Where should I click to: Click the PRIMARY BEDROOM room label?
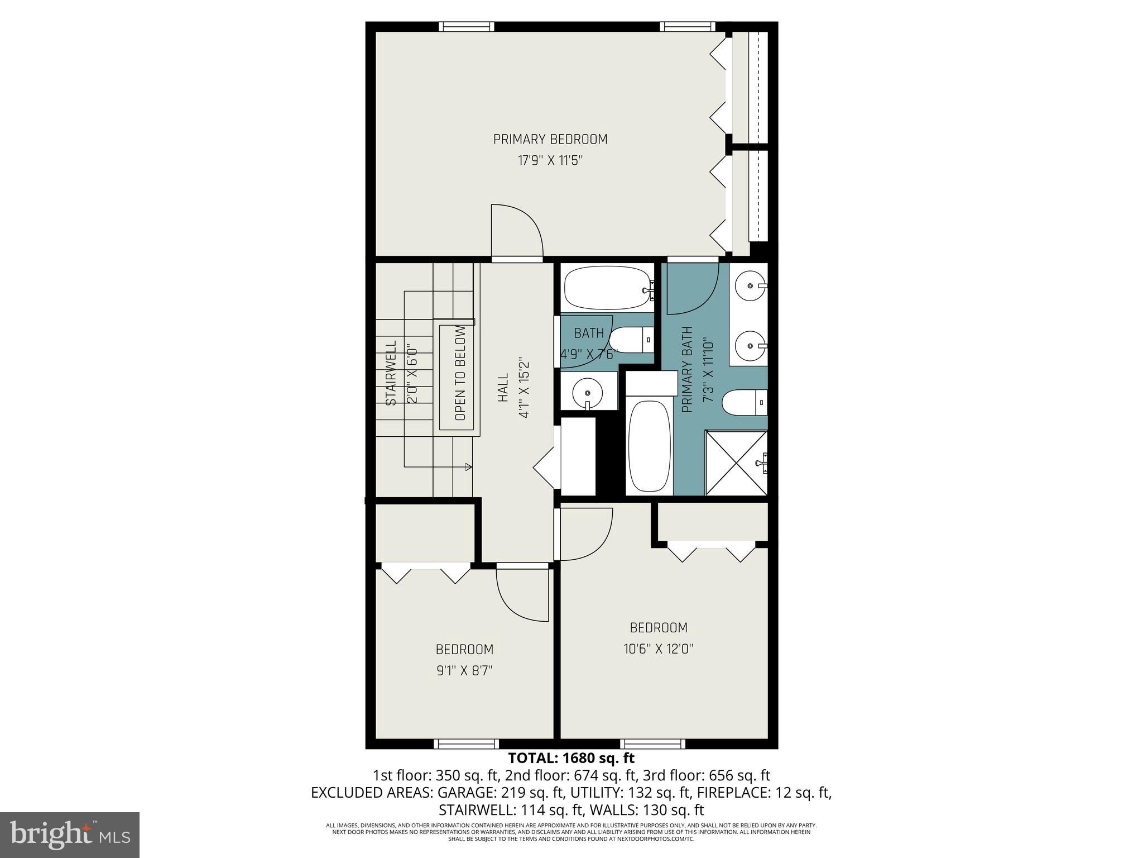click(550, 139)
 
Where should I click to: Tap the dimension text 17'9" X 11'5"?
click(550, 161)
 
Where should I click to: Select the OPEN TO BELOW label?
click(460, 378)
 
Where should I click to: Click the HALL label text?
click(503, 388)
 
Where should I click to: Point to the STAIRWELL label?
click(391, 373)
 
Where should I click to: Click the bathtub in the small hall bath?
click(607, 288)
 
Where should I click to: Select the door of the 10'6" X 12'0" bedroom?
click(586, 533)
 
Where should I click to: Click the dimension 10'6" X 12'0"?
click(658, 649)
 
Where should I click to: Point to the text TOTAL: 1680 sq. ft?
click(571, 758)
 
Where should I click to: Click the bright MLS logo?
click(69, 835)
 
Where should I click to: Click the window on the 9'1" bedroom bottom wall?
click(466, 743)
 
